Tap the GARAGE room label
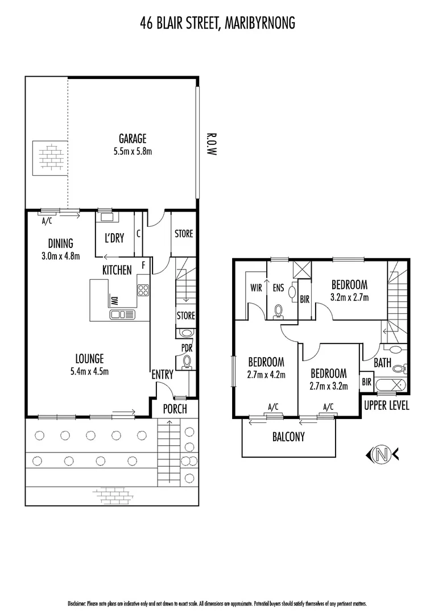(133, 138)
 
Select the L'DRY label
(114, 238)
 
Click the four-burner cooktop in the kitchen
(143, 291)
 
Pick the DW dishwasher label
(114, 301)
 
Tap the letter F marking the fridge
(143, 265)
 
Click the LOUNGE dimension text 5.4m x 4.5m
(90, 372)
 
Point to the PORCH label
(175, 409)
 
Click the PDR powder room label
(185, 347)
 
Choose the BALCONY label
(288, 437)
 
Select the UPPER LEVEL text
(386, 406)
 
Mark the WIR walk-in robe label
(256, 288)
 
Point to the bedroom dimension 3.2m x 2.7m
(350, 297)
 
